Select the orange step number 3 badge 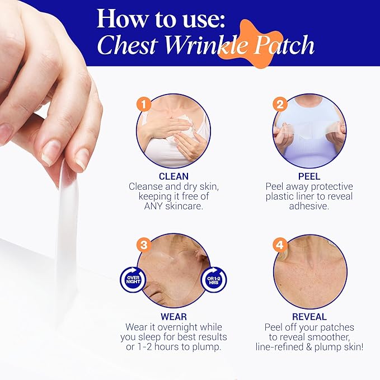tap(145, 245)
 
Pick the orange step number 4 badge tap(280, 245)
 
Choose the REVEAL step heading tap(309, 317)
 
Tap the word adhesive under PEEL tap(309, 206)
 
